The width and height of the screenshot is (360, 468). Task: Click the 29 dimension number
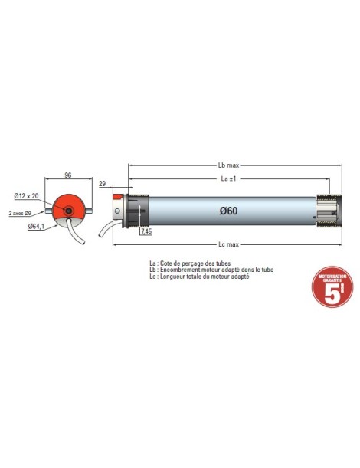pos(103,185)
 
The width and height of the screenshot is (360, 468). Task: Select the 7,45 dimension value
pos(146,231)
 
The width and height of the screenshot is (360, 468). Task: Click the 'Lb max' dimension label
pos(228,165)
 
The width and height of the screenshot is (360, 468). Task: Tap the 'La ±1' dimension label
pos(228,178)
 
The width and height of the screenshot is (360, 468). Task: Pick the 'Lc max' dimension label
pos(228,244)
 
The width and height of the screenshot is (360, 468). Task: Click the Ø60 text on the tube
pos(227,211)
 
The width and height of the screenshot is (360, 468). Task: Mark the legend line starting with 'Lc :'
pos(200,277)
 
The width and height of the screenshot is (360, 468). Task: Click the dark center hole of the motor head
pos(69,211)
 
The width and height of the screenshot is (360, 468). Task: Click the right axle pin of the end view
pos(90,211)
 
